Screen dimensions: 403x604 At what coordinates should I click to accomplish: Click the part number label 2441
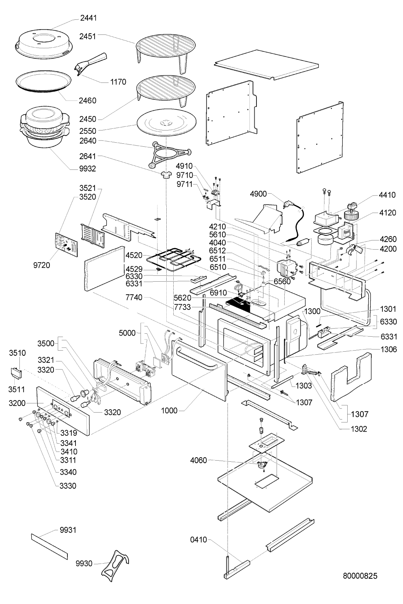(x=88, y=18)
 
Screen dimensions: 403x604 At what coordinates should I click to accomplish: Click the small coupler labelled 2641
(x=166, y=175)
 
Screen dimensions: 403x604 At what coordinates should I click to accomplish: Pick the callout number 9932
(x=88, y=169)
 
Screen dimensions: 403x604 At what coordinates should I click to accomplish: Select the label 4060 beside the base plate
(x=199, y=460)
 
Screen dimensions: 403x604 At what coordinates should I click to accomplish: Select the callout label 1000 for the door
(x=169, y=411)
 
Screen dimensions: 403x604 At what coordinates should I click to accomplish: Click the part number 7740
(x=134, y=297)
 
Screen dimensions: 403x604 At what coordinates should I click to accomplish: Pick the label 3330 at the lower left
(x=68, y=486)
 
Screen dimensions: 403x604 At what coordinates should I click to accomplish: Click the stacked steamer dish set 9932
(x=44, y=127)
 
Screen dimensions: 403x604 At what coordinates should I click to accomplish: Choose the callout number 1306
(x=389, y=349)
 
